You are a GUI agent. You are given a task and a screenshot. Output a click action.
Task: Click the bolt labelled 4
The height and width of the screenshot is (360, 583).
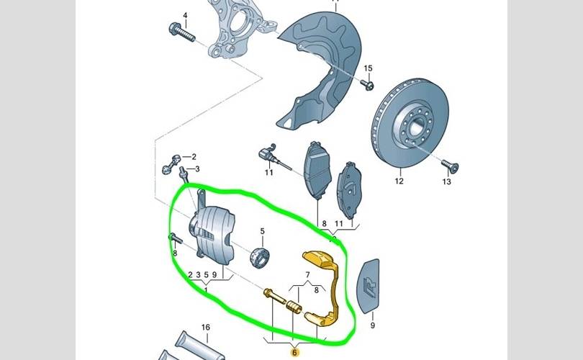click(x=182, y=32)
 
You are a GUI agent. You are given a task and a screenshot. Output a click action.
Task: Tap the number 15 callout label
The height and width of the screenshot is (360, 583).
click(x=368, y=68)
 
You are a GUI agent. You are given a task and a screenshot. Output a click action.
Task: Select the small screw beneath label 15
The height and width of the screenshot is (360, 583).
click(x=367, y=85)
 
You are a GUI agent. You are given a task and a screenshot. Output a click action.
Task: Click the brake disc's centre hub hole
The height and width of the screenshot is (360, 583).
click(x=415, y=127)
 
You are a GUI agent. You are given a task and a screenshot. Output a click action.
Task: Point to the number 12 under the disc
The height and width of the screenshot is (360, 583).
click(x=399, y=181)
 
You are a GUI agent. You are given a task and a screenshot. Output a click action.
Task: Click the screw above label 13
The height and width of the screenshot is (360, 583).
click(x=450, y=166)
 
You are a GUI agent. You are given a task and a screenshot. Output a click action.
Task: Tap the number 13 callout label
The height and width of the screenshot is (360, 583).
click(x=446, y=181)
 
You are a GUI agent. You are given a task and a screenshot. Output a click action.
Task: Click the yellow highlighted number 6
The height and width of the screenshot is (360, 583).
click(x=295, y=352)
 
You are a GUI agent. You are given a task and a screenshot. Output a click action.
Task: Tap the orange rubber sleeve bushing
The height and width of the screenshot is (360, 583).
click(x=294, y=307)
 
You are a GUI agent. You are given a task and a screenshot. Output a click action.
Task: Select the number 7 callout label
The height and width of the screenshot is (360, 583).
click(x=307, y=275)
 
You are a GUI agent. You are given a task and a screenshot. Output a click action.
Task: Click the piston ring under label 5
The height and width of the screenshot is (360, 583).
click(x=260, y=257)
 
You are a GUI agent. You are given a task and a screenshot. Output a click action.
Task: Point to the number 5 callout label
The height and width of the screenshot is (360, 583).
click(x=262, y=231)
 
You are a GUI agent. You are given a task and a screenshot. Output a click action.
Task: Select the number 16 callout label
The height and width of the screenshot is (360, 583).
click(x=206, y=328)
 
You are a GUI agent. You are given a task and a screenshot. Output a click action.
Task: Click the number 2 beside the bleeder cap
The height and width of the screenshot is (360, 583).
click(x=194, y=157)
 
